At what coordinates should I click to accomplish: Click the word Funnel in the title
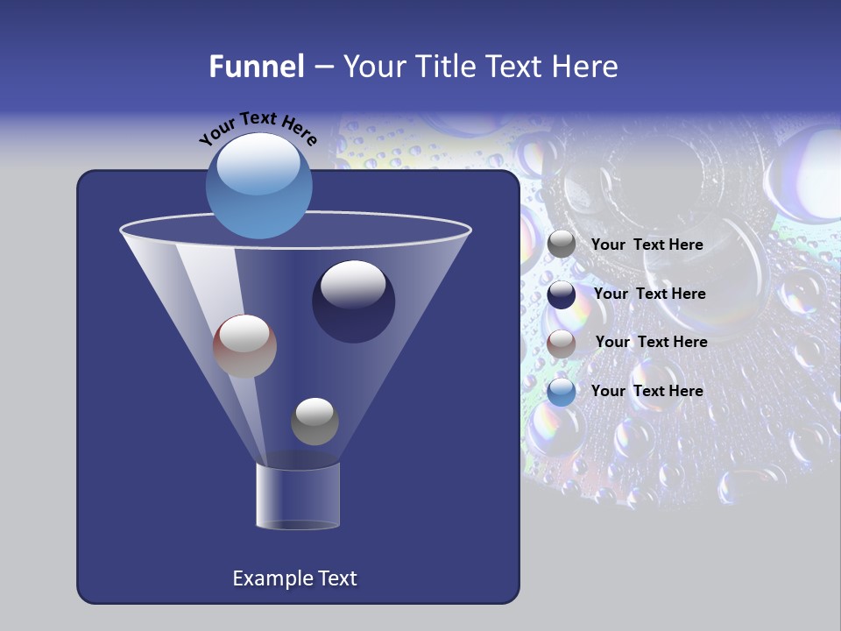click(257, 67)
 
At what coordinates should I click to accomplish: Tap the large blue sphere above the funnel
click(259, 186)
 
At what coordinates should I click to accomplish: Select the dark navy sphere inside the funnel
click(353, 301)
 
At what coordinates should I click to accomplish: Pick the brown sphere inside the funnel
click(244, 346)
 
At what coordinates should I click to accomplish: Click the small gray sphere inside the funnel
click(314, 421)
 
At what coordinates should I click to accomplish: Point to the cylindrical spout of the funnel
click(298, 496)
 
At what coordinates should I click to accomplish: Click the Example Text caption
click(295, 578)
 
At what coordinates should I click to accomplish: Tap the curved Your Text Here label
click(258, 129)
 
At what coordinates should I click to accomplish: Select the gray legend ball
click(562, 245)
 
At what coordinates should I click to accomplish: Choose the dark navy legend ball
click(562, 294)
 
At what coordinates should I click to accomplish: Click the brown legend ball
click(562, 344)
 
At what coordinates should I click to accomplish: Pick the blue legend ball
click(562, 392)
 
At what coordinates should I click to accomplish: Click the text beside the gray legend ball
click(647, 245)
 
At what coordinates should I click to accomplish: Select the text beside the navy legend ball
click(649, 294)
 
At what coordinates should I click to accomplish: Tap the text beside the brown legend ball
click(651, 342)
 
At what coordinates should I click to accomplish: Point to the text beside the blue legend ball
click(647, 391)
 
